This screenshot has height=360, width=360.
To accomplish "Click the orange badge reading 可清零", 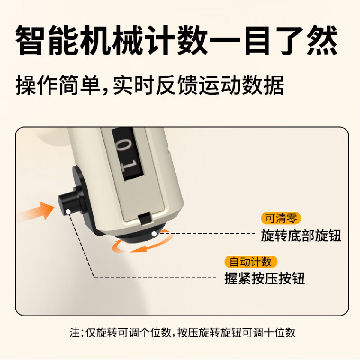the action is (x=280, y=218).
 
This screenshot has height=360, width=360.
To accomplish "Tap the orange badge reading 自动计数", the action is (x=251, y=262).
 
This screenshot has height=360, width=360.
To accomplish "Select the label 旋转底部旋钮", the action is (x=301, y=236).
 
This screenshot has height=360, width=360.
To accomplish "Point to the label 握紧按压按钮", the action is (x=265, y=278).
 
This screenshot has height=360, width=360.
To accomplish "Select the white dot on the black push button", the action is (x=68, y=212).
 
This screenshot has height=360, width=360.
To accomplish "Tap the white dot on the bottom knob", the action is (x=154, y=233).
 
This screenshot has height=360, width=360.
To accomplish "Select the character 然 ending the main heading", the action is (x=322, y=40).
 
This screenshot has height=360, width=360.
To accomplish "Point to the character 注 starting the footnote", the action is (x=74, y=333).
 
